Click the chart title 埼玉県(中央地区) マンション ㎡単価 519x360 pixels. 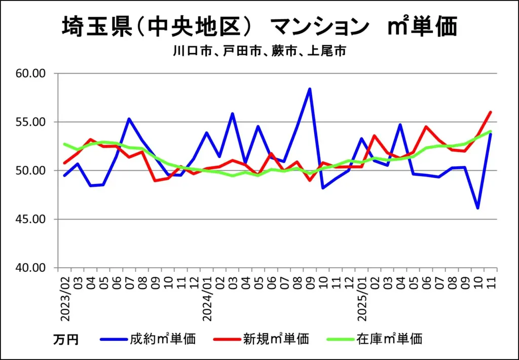(259, 27)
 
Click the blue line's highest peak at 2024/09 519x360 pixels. (310, 89)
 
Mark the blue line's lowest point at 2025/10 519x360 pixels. (477, 208)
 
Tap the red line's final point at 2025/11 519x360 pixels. (491, 112)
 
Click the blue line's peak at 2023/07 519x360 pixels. (129, 119)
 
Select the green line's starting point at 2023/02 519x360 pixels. (65, 144)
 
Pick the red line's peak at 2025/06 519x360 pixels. (426, 127)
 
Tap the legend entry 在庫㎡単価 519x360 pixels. (389, 339)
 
